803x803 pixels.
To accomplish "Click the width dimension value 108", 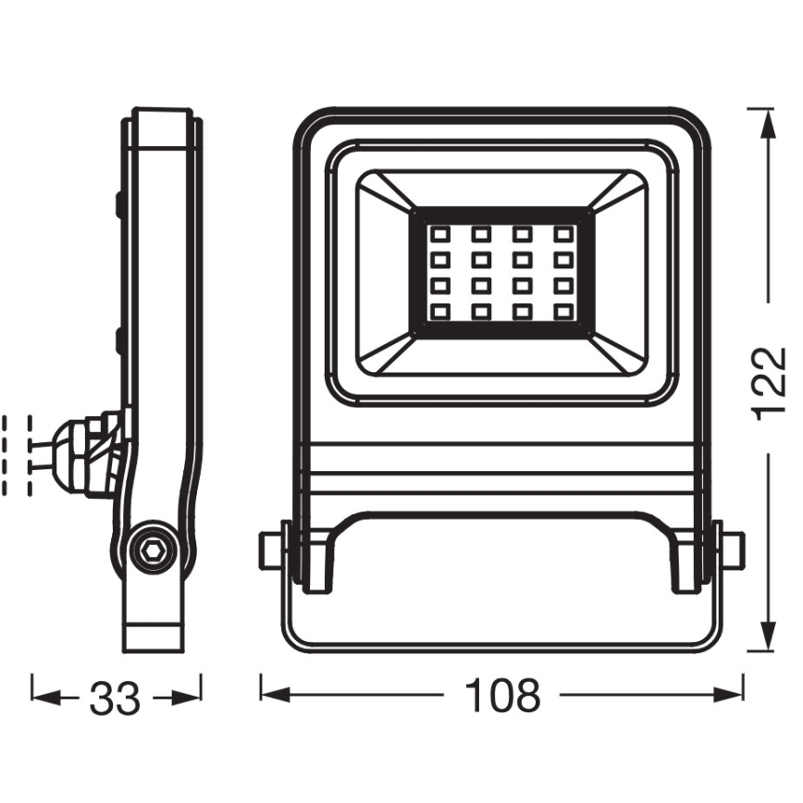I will [501, 697].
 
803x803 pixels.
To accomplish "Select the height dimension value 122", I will [767, 384].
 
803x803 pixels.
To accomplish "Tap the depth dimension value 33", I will [116, 698].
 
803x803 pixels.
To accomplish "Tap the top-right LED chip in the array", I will [562, 233].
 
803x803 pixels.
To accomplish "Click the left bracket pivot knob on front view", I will [270, 551].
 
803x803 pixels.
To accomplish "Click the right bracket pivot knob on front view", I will [732, 551].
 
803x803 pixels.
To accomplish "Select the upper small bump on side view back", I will [120, 204].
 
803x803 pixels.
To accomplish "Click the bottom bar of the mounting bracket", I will [500, 645].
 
